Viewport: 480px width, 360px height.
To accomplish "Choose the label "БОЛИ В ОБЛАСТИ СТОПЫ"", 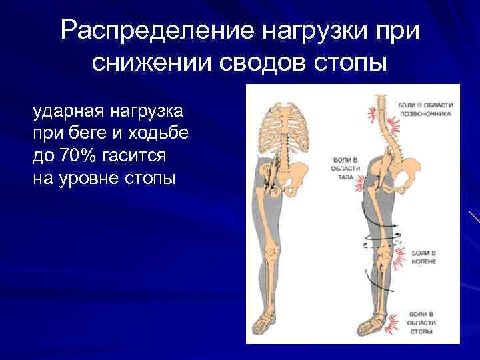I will point(421,322).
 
